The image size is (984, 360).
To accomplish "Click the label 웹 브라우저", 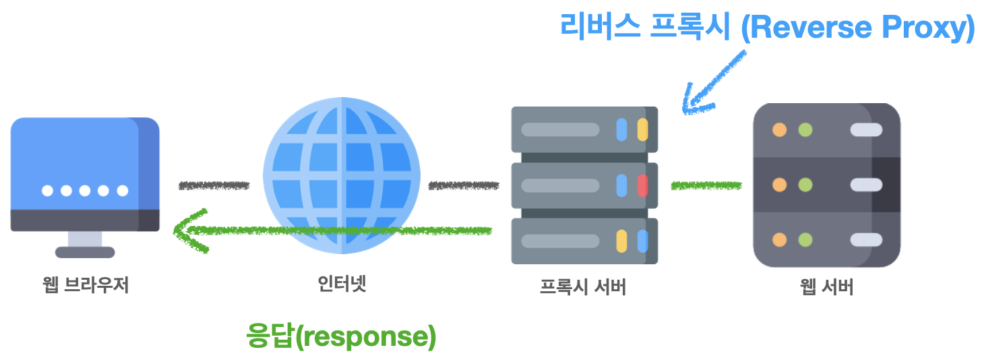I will (85, 286).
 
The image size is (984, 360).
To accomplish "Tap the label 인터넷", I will (342, 284).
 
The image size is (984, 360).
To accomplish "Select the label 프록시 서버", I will (584, 287).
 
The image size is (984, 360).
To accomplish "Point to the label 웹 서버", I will (827, 287).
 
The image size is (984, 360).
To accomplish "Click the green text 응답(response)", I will (342, 336).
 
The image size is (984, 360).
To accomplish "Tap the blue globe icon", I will (342, 175).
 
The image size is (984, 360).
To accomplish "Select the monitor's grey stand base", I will (85, 252).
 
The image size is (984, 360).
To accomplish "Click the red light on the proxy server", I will (642, 185).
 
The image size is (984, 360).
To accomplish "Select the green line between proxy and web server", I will (706, 185).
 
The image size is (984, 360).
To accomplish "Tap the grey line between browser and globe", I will (214, 185).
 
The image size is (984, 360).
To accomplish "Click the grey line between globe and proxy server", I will (464, 185).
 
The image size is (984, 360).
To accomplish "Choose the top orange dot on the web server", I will (780, 129).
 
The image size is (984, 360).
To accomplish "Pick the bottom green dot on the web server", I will (805, 239).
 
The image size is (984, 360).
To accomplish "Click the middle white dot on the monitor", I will (85, 191).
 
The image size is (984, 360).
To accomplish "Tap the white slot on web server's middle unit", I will (866, 185).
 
